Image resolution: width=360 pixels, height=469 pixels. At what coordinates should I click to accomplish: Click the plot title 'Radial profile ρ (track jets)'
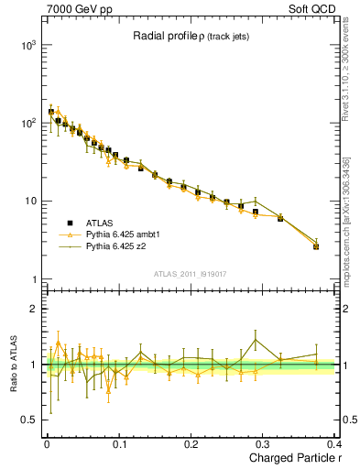(188, 37)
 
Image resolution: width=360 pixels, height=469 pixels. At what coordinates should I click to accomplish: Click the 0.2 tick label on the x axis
(191, 444)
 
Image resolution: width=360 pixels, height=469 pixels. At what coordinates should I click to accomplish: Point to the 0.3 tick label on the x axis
(263, 444)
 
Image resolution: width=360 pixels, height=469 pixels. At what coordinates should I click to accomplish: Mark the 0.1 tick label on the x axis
(118, 444)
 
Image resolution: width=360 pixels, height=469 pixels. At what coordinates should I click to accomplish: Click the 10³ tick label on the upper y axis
(27, 45)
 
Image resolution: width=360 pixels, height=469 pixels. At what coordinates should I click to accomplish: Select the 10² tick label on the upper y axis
(27, 123)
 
